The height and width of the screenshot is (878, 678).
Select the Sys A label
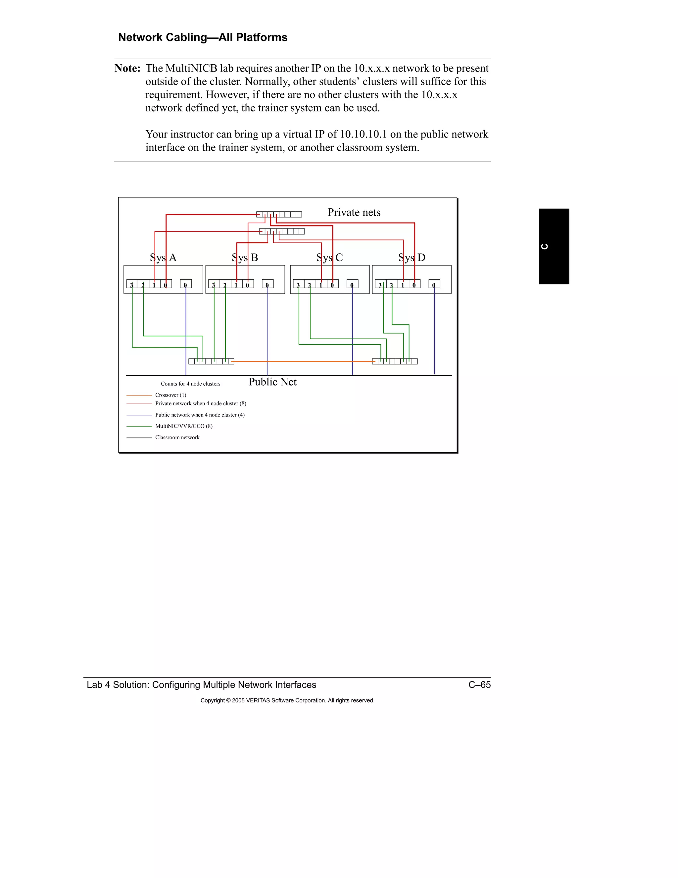[163, 257]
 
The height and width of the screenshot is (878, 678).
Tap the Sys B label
[245, 257]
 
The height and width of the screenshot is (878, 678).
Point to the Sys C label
[329, 257]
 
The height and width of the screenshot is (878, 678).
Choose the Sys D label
[412, 257]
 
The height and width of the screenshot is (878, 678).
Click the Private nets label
[354, 212]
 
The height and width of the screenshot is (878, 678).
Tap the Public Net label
[272, 382]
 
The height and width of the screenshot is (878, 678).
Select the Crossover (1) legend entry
[171, 395]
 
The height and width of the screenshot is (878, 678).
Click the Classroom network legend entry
[177, 437]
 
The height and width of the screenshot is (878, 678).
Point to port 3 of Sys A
[132, 284]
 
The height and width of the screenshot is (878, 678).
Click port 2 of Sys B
[225, 284]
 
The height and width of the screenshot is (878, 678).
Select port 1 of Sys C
[321, 284]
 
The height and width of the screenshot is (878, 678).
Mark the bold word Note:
[127, 68]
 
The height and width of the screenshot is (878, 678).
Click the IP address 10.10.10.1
[363, 134]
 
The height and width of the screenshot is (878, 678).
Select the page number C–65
[479, 685]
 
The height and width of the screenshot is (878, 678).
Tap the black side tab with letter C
[554, 246]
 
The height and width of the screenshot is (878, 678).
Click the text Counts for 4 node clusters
[190, 384]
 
